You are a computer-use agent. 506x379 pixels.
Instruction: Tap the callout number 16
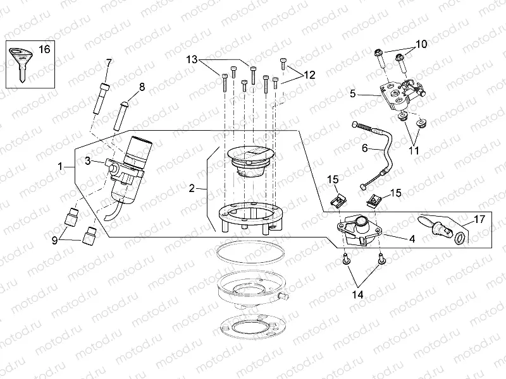(x=44, y=49)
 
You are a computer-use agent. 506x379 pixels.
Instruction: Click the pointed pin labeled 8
(x=123, y=111)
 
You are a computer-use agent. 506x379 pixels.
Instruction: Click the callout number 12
(x=309, y=75)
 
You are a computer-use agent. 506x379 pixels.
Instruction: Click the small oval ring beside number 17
(x=460, y=238)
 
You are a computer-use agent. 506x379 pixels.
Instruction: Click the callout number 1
(x=61, y=167)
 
